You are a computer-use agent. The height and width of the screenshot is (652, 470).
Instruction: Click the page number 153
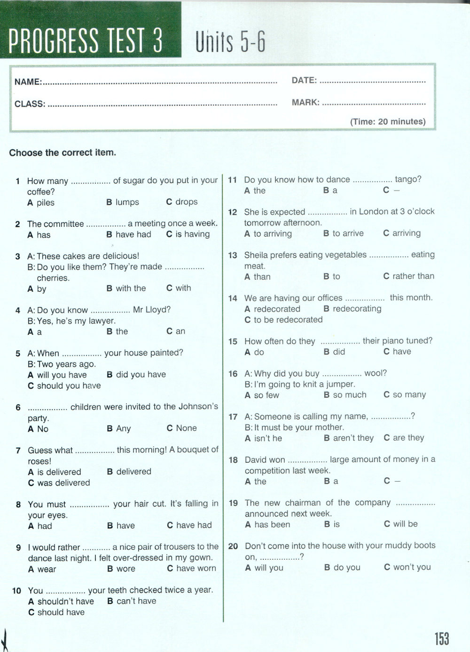442,638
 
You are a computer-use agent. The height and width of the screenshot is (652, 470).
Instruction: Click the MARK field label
305,102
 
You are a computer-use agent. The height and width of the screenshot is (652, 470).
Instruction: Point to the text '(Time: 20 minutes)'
388,121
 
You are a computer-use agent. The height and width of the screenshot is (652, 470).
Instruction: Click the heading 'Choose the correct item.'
63,153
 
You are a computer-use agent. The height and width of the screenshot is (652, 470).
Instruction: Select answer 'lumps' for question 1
127,202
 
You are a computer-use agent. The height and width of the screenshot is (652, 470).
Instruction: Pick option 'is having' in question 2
192,234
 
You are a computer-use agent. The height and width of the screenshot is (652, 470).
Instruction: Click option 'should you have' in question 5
69,386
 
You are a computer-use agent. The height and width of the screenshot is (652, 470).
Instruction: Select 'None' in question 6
186,428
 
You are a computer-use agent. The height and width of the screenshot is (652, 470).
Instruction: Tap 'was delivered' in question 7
63,483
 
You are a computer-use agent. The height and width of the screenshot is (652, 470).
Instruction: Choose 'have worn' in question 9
196,568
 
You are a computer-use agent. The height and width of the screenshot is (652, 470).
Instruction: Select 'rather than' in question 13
413,276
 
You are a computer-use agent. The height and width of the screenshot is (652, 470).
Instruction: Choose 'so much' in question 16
349,395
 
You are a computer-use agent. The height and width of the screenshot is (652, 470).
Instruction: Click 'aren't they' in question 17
353,438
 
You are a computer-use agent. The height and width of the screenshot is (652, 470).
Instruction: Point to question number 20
233,546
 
